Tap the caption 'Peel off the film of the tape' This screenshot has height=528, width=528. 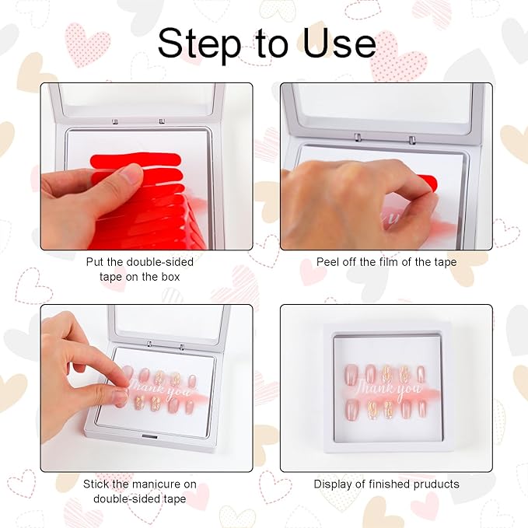[x=386, y=262]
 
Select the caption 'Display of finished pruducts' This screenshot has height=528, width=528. [x=386, y=484]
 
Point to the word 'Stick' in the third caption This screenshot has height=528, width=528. [x=97, y=484]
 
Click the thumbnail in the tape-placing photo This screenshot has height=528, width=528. [x=130, y=176]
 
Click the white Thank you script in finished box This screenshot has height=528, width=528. [x=386, y=386]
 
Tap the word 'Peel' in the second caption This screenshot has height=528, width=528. [x=329, y=262]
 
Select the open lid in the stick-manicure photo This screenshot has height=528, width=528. [x=171, y=323]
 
